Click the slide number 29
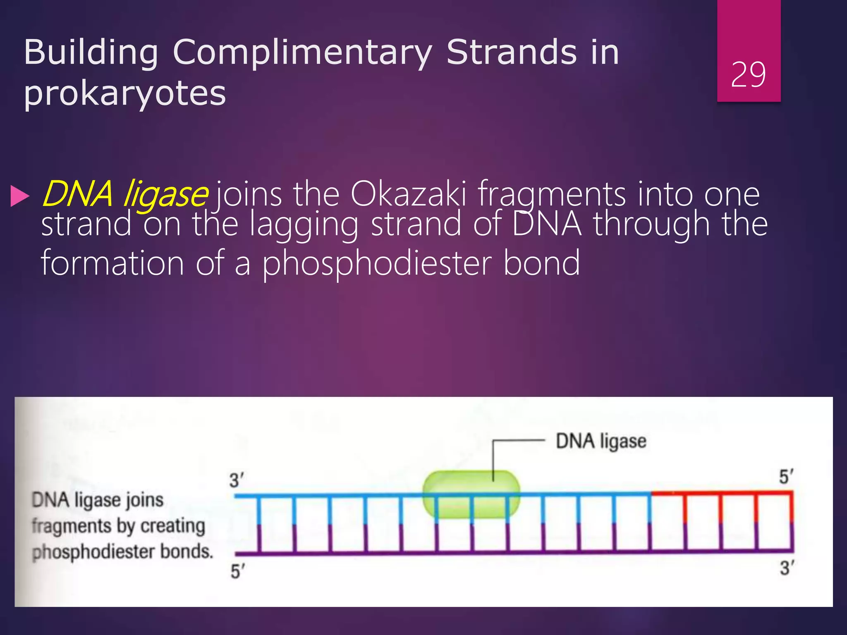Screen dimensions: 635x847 click(748, 75)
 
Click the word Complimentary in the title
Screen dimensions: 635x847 click(302, 53)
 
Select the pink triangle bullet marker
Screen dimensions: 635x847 click(19, 196)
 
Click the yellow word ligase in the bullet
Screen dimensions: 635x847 click(165, 194)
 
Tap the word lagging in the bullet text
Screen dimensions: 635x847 click(304, 224)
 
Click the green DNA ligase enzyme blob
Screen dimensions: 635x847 click(471, 494)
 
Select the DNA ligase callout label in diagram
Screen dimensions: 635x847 click(601, 441)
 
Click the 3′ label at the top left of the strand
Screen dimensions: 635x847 click(237, 480)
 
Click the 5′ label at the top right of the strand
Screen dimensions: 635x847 click(786, 477)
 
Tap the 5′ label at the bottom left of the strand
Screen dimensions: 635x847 click(237, 572)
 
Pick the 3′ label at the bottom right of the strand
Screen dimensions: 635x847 click(787, 568)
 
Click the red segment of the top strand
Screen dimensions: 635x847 click(722, 493)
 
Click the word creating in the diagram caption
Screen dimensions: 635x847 click(172, 526)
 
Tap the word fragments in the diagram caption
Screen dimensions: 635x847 click(71, 526)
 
